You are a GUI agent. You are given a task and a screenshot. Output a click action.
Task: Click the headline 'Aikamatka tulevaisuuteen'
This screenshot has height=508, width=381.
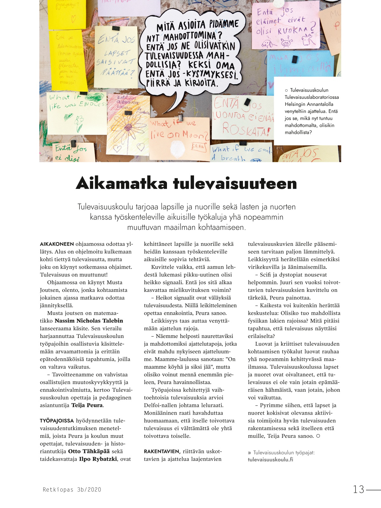(186, 183)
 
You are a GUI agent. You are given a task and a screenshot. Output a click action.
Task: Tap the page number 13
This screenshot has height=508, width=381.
(358, 489)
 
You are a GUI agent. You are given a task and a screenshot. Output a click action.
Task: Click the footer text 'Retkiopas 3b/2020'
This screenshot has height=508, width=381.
(72, 490)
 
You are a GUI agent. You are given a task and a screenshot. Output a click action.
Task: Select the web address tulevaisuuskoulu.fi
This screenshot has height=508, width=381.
(270, 459)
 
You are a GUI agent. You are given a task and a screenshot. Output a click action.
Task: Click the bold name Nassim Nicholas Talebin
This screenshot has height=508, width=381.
(89, 321)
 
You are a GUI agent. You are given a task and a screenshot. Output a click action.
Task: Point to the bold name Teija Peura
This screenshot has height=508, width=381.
(87, 405)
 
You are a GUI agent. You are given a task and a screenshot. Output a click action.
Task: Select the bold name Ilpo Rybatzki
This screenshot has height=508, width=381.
(98, 459)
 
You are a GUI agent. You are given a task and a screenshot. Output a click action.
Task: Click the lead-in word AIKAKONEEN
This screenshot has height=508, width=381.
(57, 244)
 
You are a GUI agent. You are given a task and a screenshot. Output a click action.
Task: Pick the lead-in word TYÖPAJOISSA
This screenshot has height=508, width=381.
(57, 421)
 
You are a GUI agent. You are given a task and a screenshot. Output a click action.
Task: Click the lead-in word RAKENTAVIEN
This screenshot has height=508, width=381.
(162, 451)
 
